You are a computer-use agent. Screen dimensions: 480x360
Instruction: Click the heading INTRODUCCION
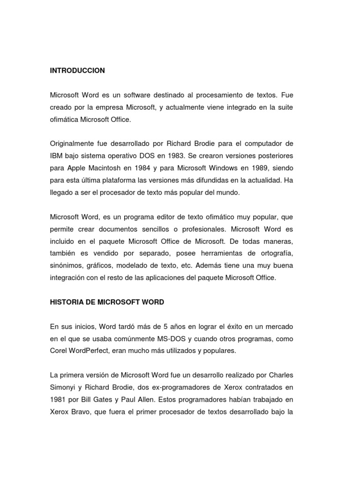point(77,71)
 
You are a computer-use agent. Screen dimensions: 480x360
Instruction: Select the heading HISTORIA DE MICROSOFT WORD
point(107,302)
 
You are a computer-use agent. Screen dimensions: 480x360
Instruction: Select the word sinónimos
point(67,265)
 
